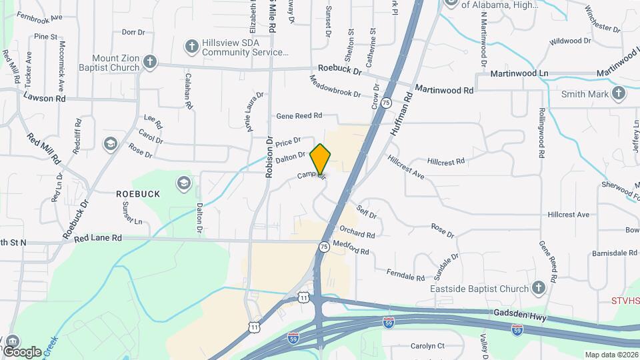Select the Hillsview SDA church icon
tap(191, 46)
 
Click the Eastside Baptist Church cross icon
tap(539, 288)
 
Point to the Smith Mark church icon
tap(619, 94)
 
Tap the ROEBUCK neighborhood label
tap(138, 193)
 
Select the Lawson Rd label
tap(44, 98)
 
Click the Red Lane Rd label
tap(98, 237)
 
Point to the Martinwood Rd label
tap(444, 89)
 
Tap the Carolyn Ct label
tap(427, 345)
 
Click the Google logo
tap(22, 351)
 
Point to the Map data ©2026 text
tap(611, 354)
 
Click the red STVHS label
tap(625, 301)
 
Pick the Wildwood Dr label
tap(570, 41)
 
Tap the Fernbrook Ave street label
tap(39, 16)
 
